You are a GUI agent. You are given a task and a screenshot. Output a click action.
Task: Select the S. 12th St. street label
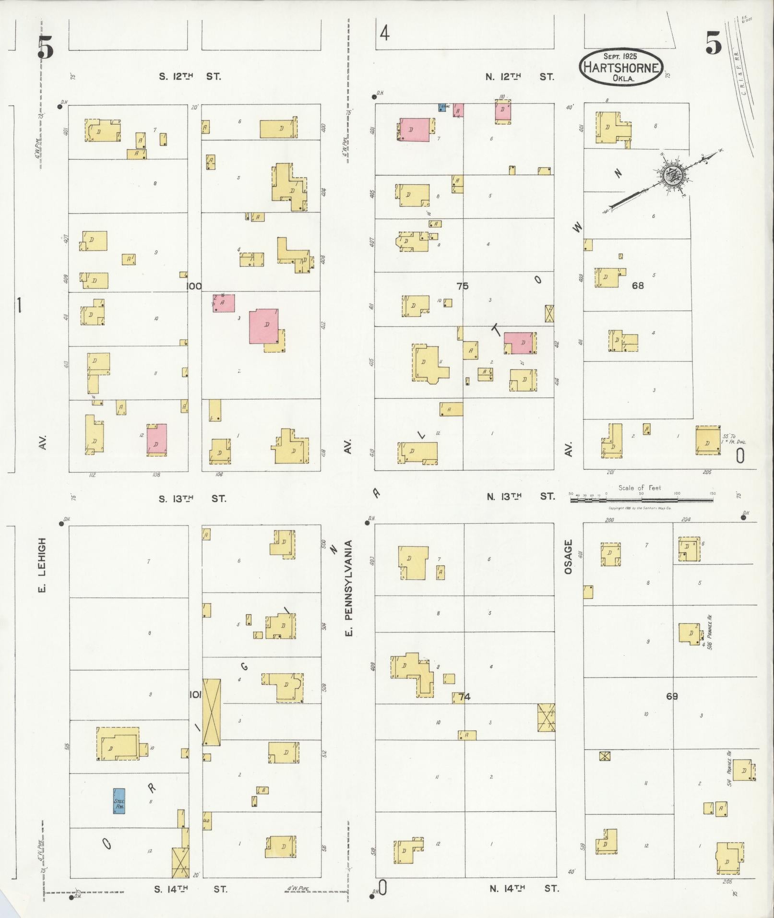(x=190, y=76)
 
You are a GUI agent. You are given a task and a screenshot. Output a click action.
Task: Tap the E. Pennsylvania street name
(x=349, y=588)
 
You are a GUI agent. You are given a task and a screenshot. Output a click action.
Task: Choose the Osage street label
(x=569, y=557)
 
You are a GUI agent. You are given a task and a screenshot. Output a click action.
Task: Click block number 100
(x=194, y=286)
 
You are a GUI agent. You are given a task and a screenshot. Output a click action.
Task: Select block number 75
(x=462, y=286)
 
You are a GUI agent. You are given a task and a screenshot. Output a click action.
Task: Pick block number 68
(x=638, y=286)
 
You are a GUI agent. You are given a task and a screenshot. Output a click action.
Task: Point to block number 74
(x=464, y=697)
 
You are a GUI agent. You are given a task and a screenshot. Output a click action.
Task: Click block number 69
(x=672, y=696)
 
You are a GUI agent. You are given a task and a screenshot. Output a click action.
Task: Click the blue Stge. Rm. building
(x=119, y=801)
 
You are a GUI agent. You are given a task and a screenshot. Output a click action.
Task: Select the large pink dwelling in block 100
(x=263, y=326)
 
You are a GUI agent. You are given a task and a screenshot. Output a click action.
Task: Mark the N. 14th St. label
(x=524, y=888)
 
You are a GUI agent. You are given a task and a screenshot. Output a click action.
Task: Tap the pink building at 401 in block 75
(x=415, y=130)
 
